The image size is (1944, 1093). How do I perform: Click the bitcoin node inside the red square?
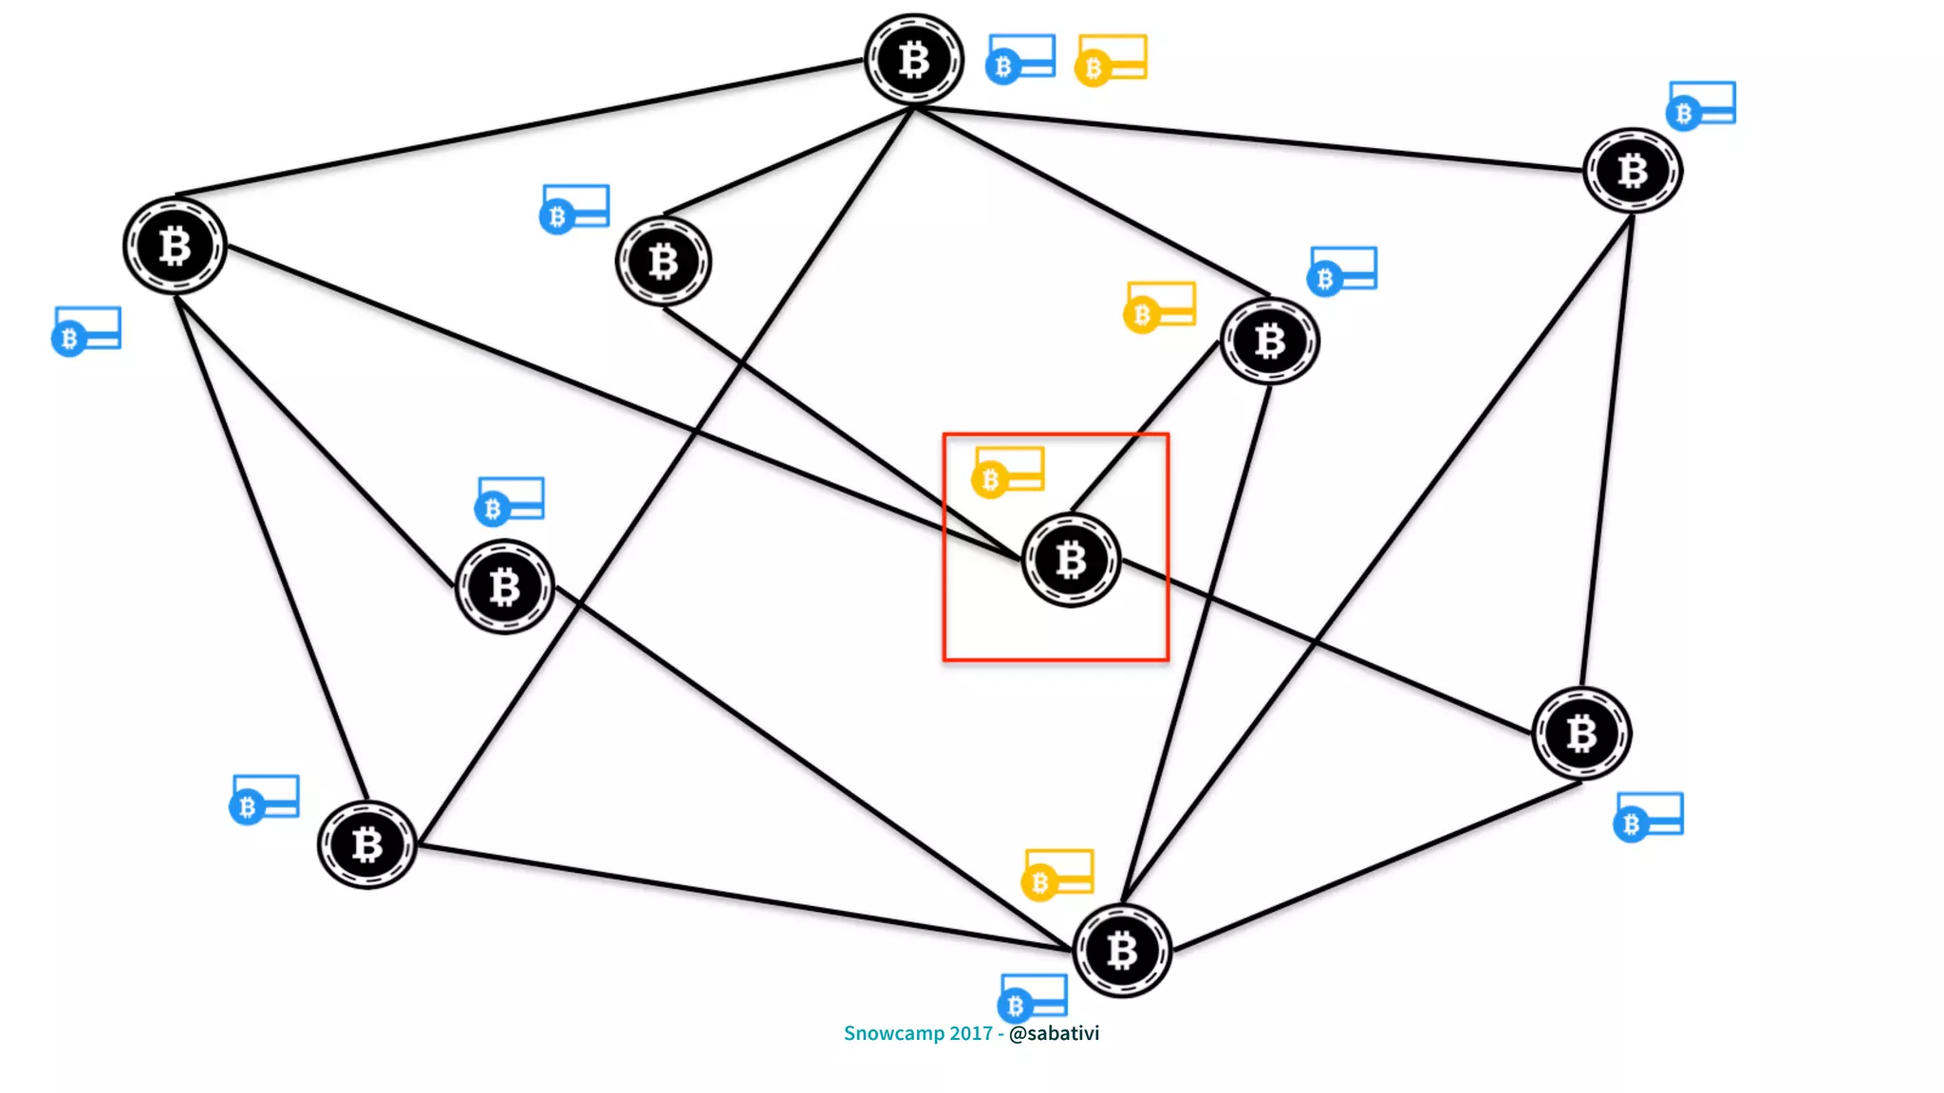[1071, 560]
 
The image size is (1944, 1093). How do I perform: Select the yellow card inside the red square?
[1008, 471]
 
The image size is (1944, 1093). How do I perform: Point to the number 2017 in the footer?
[970, 1033]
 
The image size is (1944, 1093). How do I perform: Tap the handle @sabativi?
[1054, 1033]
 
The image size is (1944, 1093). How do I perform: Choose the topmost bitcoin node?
[914, 60]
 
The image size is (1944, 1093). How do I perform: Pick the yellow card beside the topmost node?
[1111, 59]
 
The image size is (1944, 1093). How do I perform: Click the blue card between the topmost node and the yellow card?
[1020, 59]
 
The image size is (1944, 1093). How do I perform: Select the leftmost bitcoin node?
[175, 247]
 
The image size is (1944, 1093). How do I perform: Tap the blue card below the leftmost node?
[86, 330]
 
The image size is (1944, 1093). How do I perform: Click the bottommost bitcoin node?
[1122, 950]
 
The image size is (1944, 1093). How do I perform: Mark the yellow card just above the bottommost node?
[1057, 874]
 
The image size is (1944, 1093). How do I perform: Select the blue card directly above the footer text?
[1033, 996]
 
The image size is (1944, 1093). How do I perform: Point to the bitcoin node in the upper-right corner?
[1632, 171]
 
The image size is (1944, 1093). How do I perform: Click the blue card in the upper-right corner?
[1701, 104]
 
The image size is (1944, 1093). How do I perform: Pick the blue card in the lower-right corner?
[1649, 816]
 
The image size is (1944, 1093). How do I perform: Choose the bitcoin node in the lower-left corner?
[367, 844]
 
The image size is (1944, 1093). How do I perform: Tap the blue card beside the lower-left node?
[265, 799]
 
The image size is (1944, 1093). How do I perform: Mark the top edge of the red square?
[1056, 435]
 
